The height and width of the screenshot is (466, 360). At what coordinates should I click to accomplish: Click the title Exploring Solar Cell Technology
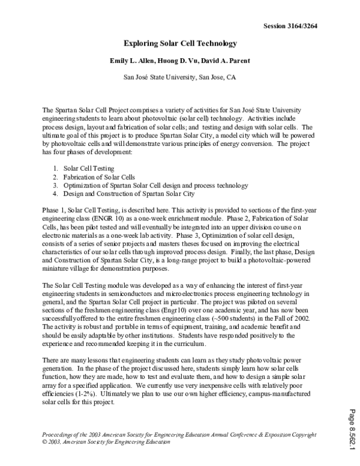(x=181, y=44)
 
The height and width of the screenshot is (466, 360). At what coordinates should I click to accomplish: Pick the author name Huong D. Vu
(x=178, y=61)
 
